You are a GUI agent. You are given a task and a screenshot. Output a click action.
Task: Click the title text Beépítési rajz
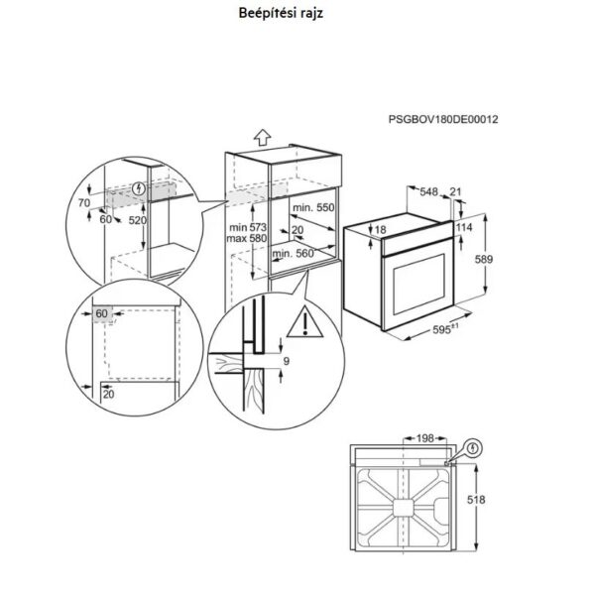point(281,13)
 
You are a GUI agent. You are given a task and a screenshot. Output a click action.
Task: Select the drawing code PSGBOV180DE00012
point(443,120)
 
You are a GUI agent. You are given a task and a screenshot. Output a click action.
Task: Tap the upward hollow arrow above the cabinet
point(262,138)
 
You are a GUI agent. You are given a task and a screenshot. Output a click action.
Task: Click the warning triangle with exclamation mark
point(304,322)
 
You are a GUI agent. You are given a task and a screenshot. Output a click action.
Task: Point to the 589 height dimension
point(484,259)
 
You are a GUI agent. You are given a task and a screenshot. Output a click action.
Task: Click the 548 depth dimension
point(428,192)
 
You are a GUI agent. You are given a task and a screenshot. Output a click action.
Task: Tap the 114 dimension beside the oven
point(464,227)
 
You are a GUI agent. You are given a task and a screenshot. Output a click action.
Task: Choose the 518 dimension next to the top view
point(476,500)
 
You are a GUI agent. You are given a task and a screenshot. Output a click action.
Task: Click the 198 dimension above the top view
point(425,438)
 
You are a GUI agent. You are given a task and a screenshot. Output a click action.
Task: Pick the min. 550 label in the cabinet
point(313,207)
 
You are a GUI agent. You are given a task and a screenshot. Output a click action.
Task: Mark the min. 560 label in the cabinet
point(293,254)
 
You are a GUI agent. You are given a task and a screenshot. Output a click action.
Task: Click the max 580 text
point(247,238)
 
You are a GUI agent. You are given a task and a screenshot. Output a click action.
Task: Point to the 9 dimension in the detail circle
point(287,361)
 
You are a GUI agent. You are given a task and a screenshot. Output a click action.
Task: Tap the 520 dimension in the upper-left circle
point(137,220)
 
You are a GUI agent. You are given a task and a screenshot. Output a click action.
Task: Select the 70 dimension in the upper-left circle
point(84,203)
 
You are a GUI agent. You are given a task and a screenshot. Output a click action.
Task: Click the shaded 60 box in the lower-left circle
point(102,314)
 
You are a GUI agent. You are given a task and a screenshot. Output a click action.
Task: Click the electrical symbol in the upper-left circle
point(140,188)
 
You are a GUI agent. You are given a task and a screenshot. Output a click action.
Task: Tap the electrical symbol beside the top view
point(472,449)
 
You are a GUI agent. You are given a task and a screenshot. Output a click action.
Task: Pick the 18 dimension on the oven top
point(380,230)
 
